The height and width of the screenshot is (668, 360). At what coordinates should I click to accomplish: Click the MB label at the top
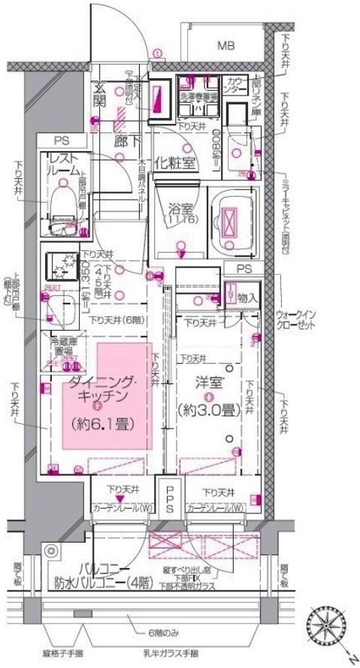[225, 47]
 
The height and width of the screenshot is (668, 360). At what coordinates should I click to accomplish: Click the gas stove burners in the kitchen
[61, 265]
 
